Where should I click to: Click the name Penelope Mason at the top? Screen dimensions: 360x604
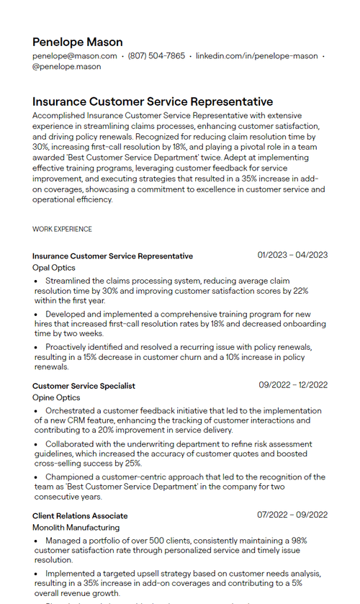coord(78,42)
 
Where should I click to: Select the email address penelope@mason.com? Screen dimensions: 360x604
coord(75,55)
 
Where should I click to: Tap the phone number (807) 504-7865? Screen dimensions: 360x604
coord(156,55)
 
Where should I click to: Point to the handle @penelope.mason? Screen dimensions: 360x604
coord(66,66)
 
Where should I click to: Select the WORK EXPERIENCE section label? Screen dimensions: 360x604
coord(62,229)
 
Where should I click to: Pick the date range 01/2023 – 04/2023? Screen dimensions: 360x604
coord(292,255)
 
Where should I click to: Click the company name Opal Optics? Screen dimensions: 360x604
coord(54,268)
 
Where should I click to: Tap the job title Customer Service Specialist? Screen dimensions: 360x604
coord(84,386)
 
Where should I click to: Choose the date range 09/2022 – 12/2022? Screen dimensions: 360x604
coord(293,385)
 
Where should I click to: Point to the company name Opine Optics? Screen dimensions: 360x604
coord(56,397)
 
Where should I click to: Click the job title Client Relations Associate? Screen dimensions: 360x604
coord(80,515)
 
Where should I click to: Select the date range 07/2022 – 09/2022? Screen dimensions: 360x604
coord(292,515)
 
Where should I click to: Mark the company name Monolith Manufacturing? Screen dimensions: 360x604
coord(76,528)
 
